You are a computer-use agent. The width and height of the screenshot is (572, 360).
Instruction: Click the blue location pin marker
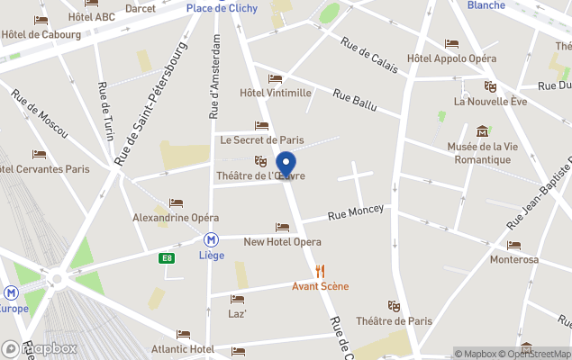286,165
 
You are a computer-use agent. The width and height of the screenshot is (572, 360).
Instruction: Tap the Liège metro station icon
211,240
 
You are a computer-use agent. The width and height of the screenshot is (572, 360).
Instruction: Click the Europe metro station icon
12,292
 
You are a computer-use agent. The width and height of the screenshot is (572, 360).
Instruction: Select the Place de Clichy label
222,8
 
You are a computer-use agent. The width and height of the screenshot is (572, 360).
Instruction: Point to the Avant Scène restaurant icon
320,271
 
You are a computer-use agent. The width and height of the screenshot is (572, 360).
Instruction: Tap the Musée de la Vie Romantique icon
483,131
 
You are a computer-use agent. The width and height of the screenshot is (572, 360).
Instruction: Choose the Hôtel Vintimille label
275,93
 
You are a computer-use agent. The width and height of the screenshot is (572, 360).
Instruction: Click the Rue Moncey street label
355,212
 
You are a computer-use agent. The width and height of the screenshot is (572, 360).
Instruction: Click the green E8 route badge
166,258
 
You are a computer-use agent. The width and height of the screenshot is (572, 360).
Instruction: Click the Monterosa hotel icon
513,245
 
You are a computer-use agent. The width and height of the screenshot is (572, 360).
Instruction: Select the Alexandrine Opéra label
176,218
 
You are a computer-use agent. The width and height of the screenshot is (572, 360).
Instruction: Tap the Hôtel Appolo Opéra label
451,58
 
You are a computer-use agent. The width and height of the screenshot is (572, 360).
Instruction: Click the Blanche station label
486,5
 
